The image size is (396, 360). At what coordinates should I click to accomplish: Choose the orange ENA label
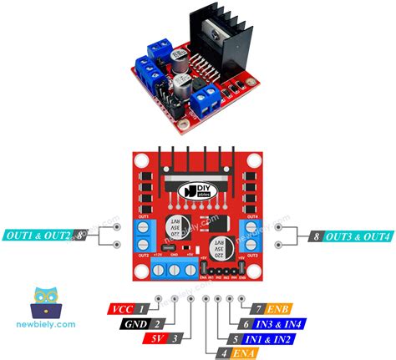click(245, 354)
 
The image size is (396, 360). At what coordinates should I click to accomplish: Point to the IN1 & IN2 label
click(267, 339)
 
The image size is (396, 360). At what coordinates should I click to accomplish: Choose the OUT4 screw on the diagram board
click(251, 227)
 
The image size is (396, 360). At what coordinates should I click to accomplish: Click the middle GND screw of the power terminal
click(175, 269)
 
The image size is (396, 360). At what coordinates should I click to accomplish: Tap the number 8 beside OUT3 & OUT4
click(315, 237)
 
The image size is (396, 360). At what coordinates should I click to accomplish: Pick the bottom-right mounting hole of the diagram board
click(256, 272)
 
